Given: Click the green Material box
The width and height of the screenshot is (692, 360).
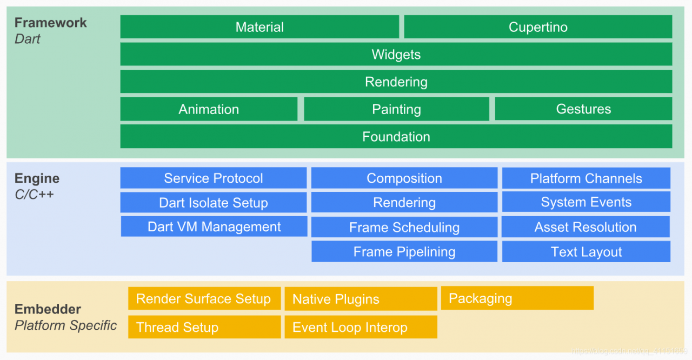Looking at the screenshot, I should click(x=259, y=27).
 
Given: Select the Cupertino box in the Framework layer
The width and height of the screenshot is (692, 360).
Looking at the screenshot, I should click(x=538, y=27).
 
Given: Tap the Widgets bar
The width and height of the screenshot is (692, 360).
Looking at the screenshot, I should click(x=396, y=55).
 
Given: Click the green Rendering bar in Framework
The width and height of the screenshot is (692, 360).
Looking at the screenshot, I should click(x=396, y=82).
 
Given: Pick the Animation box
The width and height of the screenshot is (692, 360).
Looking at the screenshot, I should click(x=209, y=109).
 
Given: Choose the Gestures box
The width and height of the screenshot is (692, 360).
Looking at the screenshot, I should click(x=583, y=109).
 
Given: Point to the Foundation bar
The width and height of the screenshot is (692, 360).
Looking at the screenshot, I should click(x=396, y=137).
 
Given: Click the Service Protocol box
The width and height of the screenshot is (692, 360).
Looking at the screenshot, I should click(x=213, y=178).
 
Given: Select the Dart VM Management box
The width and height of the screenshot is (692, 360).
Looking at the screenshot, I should click(x=214, y=226).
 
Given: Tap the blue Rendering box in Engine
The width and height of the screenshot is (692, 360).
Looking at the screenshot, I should click(x=404, y=203).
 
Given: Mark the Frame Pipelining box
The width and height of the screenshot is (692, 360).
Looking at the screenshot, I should click(x=404, y=252).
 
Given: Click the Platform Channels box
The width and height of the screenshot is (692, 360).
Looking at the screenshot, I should click(x=586, y=178).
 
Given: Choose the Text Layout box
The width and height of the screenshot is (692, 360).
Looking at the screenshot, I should click(x=586, y=252).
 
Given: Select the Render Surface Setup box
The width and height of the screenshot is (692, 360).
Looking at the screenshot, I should click(x=204, y=299).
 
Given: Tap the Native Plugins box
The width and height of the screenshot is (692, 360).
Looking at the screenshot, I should click(x=361, y=299).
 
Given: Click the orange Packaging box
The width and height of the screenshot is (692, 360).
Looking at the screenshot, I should click(x=517, y=298).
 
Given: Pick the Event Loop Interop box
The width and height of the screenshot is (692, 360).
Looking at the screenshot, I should click(x=361, y=327).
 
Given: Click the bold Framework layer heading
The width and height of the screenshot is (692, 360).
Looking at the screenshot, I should click(x=50, y=23).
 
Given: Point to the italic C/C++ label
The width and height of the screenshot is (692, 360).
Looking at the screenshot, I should click(x=34, y=194).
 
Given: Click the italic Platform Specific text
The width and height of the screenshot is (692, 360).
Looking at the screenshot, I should click(x=65, y=325).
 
